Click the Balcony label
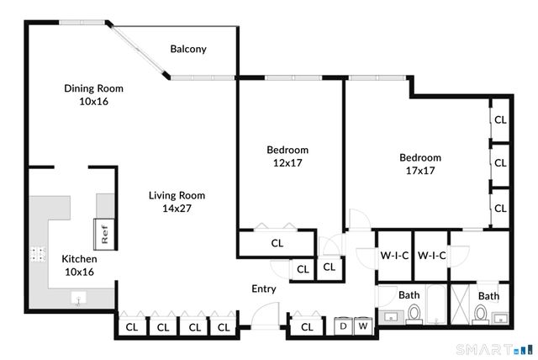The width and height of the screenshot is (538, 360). click(188, 49)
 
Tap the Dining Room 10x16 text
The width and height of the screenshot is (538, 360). click(94, 94)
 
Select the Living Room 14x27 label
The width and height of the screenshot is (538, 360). click(177, 202)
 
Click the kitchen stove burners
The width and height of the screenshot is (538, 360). click(38, 252)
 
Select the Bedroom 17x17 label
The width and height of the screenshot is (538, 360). click(419, 163)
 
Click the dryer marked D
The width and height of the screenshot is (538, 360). click(344, 326)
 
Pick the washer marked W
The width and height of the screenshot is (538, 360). click(363, 326)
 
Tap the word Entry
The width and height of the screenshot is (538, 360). click(264, 289)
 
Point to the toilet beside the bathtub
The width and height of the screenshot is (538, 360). click(413, 314)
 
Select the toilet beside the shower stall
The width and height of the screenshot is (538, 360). click(480, 315)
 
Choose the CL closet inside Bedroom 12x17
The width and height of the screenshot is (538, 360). click(277, 243)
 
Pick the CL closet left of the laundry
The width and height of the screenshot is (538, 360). click(307, 326)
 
